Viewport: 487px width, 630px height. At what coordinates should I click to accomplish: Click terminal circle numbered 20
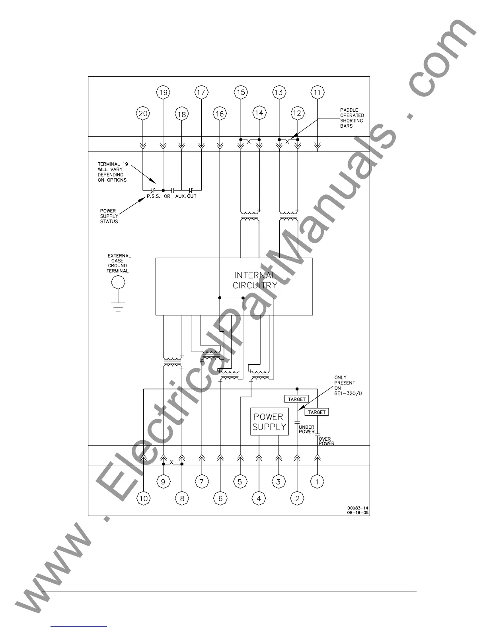pos(143,114)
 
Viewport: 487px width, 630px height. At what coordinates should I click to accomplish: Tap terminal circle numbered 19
pos(163,93)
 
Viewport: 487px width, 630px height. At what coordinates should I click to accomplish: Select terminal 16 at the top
pos(220,114)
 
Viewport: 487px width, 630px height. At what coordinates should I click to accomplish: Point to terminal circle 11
pos(317,93)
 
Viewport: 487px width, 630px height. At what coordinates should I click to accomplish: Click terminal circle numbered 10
pos(143,498)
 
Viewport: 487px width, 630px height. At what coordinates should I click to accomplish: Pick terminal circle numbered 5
pos(240,482)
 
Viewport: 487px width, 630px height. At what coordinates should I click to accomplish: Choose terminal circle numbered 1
pos(317,482)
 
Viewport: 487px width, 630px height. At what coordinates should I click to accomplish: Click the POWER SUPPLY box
pos(269,422)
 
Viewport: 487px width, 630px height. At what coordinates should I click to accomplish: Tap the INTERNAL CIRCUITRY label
pos(255,280)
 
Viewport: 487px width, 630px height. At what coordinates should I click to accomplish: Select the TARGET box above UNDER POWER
pos(297,399)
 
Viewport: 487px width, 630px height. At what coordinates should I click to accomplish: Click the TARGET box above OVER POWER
pos(317,412)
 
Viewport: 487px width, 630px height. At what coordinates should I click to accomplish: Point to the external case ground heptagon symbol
pos(118,282)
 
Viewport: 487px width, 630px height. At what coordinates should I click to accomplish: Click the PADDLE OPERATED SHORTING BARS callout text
pos(352,118)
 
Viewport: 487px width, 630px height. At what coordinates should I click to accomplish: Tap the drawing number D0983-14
pos(358,508)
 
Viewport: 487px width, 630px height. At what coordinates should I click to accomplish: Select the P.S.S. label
pos(153,196)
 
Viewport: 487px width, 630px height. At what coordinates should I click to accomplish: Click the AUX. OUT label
pos(186,196)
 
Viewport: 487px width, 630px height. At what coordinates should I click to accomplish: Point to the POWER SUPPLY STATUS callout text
pos(109,216)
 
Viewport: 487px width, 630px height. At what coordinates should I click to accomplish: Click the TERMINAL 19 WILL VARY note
pos(113,172)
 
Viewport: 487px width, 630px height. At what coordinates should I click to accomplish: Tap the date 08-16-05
pos(358,513)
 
